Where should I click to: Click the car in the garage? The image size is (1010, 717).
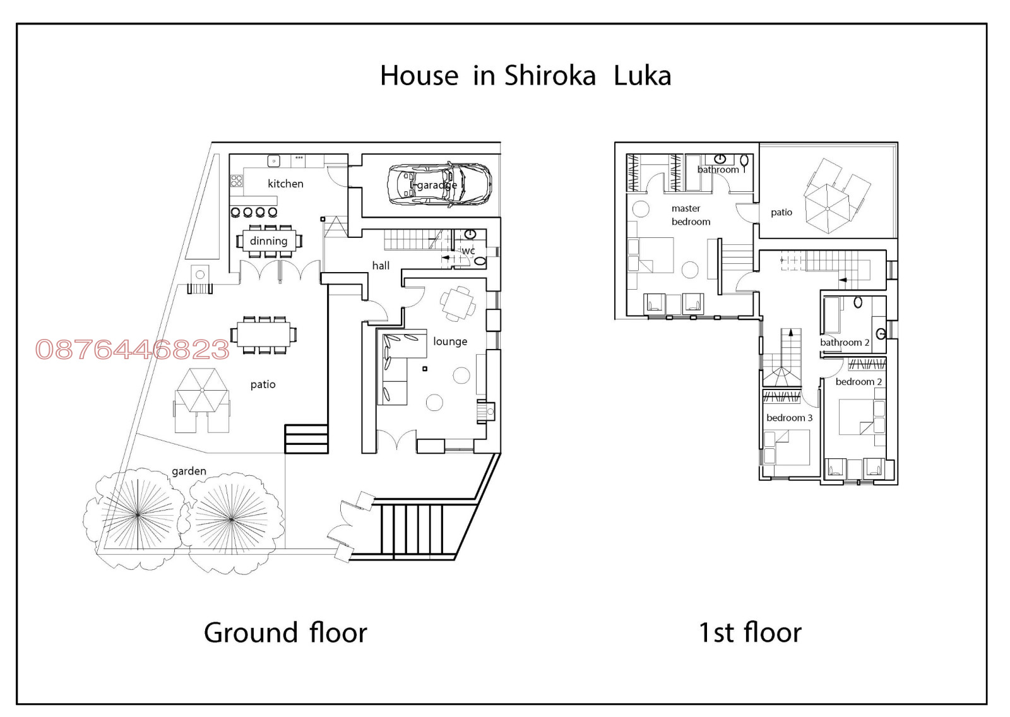click(x=439, y=185)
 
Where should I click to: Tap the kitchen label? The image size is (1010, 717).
click(x=285, y=184)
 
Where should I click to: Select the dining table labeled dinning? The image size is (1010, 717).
click(x=269, y=241)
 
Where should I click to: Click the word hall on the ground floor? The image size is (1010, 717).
click(x=381, y=266)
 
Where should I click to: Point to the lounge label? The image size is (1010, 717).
click(x=450, y=341)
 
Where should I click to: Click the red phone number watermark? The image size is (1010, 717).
click(x=133, y=350)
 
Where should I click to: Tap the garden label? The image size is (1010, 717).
click(x=189, y=471)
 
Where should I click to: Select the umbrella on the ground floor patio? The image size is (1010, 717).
click(x=202, y=390)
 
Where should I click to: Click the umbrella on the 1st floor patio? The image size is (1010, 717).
click(x=828, y=209)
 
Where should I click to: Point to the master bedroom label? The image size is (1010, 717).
click(x=691, y=215)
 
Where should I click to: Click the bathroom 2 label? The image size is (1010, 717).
click(x=845, y=342)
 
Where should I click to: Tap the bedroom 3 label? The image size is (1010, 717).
click(x=789, y=418)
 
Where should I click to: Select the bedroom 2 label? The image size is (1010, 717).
click(x=858, y=381)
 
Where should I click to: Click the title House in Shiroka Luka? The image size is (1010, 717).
click(x=526, y=75)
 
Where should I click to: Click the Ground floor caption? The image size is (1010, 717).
click(x=285, y=632)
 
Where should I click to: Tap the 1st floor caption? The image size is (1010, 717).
click(x=751, y=632)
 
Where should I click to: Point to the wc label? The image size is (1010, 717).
click(x=468, y=251)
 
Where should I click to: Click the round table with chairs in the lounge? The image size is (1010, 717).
click(x=458, y=304)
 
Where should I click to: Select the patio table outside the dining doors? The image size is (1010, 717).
click(x=264, y=335)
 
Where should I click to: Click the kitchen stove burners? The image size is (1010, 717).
click(x=237, y=181)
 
